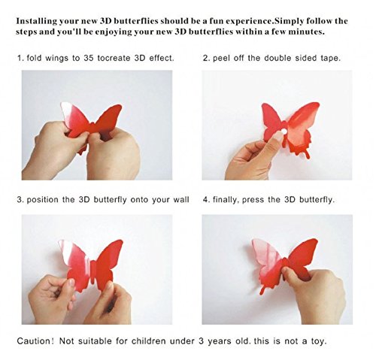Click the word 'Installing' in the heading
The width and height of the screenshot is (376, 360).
[37, 21]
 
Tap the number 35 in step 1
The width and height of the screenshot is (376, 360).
[89, 58]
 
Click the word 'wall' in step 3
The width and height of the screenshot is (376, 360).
[181, 200]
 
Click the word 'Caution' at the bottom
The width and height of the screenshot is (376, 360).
[34, 341]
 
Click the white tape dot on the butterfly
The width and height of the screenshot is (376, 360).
[284, 132]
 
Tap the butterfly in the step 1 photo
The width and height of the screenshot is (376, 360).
[91, 123]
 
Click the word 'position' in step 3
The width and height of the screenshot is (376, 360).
[42, 200]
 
